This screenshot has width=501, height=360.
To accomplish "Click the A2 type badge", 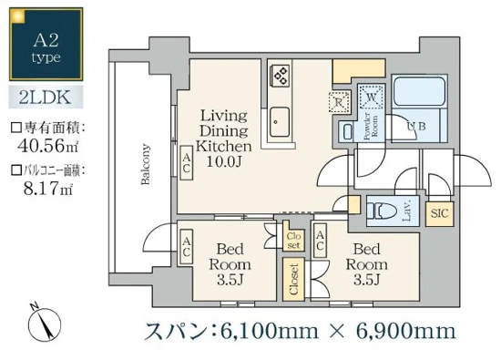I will pyautogui.click(x=43, y=44).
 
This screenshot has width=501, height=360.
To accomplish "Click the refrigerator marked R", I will pyautogui.click(x=339, y=101).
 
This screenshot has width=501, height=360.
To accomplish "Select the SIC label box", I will pyautogui.click(x=437, y=214).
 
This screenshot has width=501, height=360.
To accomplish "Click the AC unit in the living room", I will pyautogui.click(x=185, y=164).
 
